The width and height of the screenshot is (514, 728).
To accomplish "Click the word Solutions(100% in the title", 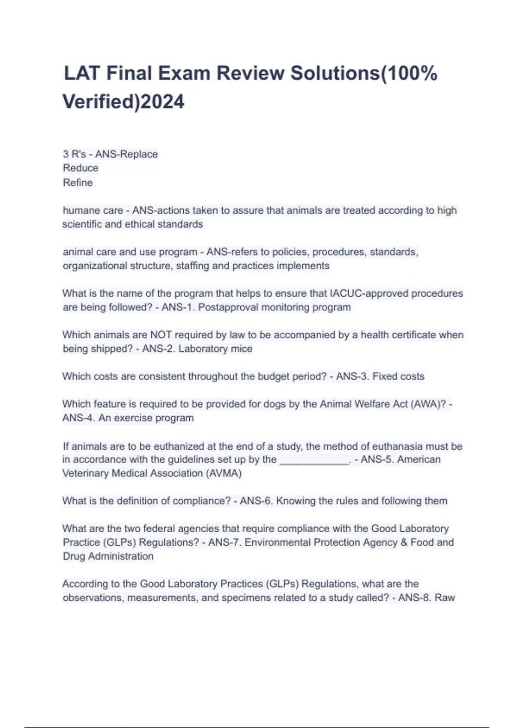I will tap(364, 73).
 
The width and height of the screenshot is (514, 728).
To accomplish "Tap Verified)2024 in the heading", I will tap(123, 102).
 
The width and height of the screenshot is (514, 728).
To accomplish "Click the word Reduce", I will tap(81, 168).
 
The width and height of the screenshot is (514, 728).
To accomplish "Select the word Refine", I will tap(78, 182).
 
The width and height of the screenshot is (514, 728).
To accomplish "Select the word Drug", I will tap(74, 556).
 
